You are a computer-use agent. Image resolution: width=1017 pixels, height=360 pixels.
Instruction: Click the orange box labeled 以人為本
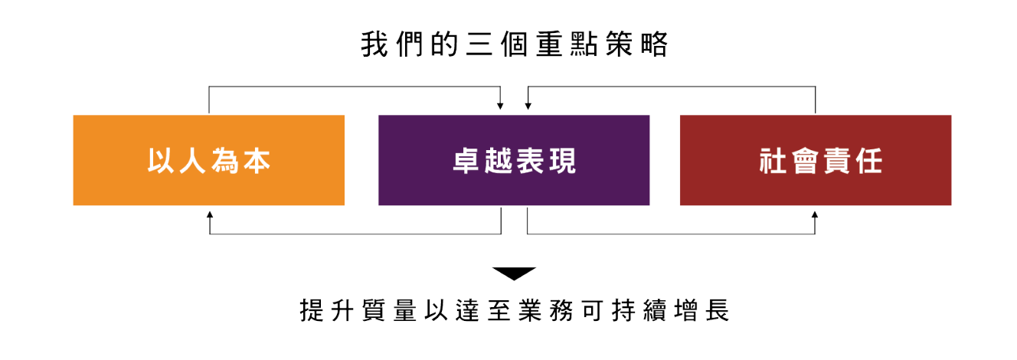tap(208, 160)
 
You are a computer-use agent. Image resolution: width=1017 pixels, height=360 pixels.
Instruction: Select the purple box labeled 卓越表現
tap(514, 160)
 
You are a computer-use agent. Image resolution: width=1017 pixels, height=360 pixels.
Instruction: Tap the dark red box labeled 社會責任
tap(816, 160)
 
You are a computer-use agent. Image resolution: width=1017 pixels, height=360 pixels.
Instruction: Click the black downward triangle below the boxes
tap(514, 273)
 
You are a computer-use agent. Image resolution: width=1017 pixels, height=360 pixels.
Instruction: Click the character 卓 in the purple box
tap(466, 162)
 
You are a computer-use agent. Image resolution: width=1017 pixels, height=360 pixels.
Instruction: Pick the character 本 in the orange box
tap(257, 162)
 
